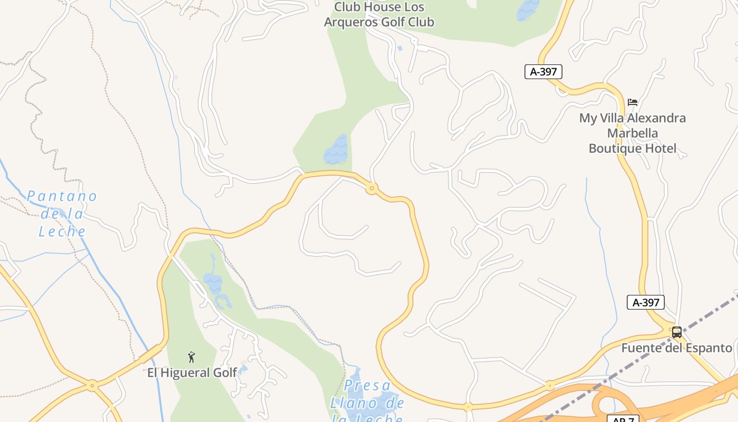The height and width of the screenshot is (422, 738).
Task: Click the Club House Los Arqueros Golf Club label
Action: [x=378, y=15]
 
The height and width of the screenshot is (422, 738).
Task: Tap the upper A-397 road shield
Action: [x=543, y=72]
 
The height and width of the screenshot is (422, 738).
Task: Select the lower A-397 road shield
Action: [x=645, y=302]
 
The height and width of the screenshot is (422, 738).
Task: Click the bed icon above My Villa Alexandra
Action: [x=633, y=102]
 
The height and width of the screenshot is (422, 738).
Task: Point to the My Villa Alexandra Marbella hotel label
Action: [x=633, y=133]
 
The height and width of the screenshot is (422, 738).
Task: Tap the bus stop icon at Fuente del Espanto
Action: [x=676, y=332]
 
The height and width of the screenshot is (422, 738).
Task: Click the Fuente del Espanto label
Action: [x=676, y=348]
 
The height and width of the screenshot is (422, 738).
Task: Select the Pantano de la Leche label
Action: [x=62, y=214]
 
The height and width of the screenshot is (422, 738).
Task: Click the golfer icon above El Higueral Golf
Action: [x=191, y=357]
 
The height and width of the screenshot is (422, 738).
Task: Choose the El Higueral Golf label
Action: [x=192, y=373]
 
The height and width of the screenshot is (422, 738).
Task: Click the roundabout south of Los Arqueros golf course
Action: [x=372, y=188]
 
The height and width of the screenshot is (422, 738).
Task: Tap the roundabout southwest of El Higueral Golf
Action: [x=92, y=386]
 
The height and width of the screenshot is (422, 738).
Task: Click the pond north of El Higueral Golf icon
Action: [x=213, y=283]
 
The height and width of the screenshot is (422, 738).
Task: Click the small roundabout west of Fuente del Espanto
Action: [x=550, y=386]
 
